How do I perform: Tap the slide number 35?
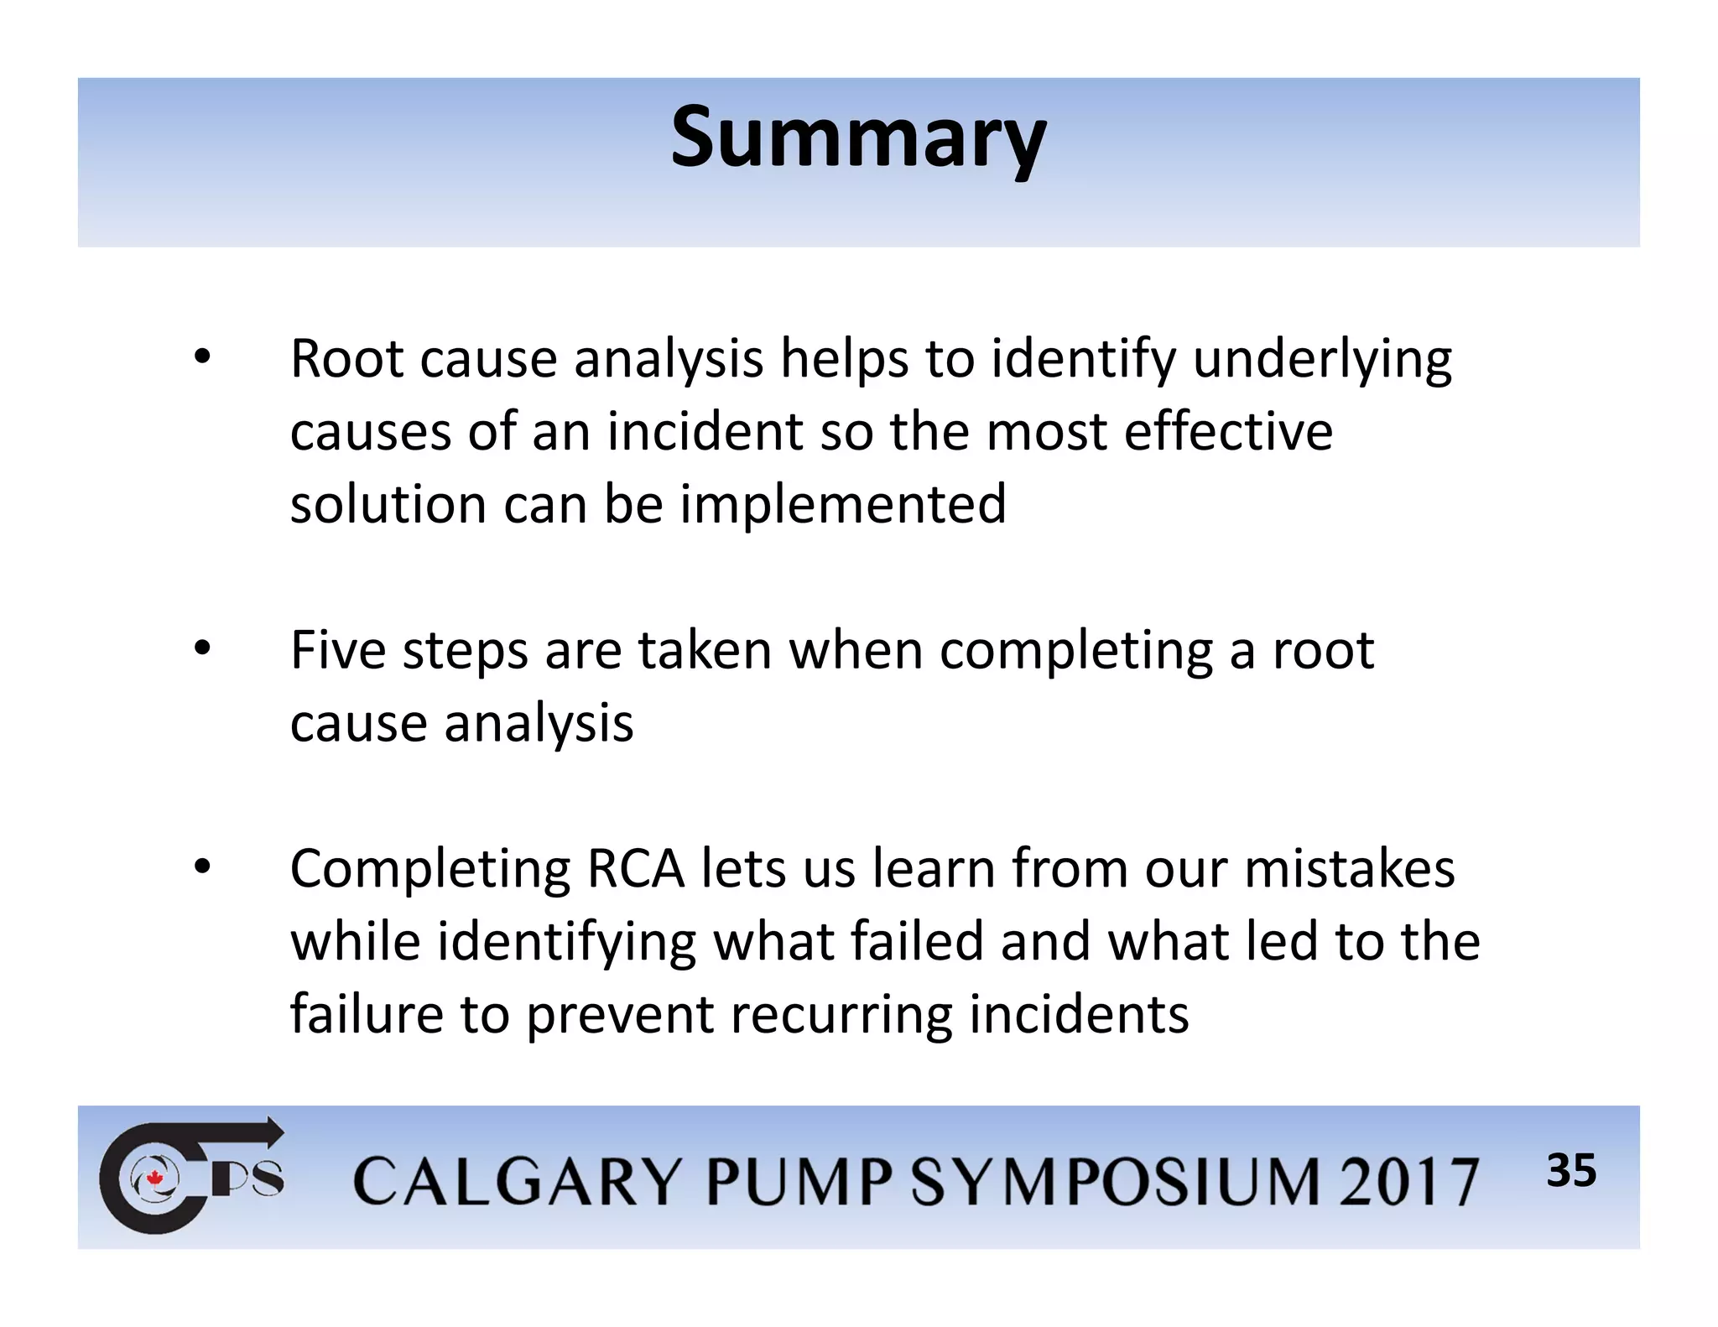click(1571, 1170)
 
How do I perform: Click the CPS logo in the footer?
click(191, 1176)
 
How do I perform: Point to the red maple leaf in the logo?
click(154, 1179)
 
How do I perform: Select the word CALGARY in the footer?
click(516, 1181)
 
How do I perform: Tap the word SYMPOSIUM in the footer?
click(1117, 1181)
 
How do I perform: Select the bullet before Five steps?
click(201, 649)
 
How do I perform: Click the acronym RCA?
click(635, 868)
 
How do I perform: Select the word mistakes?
click(1349, 868)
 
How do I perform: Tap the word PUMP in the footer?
click(799, 1181)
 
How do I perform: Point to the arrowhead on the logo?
click(273, 1132)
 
